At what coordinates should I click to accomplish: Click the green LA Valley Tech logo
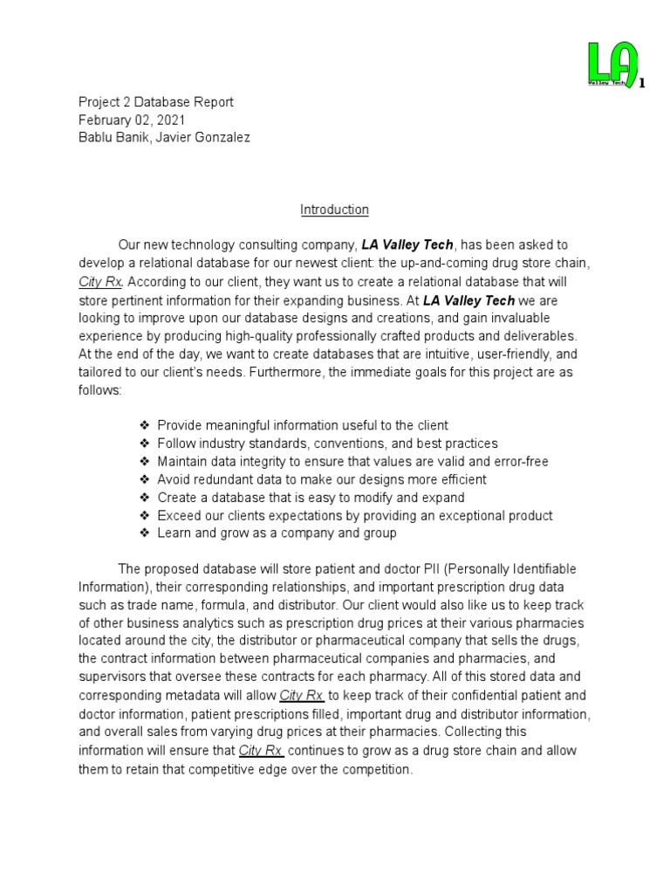pos(612,64)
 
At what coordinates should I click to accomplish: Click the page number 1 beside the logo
pos(642,84)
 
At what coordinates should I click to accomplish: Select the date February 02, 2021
pos(132,120)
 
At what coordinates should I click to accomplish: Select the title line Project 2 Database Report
pos(156,102)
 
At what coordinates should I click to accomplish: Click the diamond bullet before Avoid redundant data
pos(145,479)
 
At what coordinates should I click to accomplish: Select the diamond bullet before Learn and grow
pos(145,533)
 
